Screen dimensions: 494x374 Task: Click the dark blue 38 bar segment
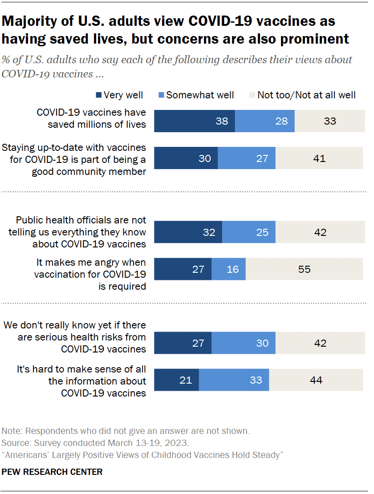(x=195, y=121)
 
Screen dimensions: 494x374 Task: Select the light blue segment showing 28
(x=264, y=121)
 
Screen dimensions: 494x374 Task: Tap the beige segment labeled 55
(x=305, y=269)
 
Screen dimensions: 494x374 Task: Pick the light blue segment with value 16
(x=228, y=269)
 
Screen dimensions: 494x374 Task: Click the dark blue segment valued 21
(x=176, y=380)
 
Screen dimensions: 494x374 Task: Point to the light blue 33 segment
(x=234, y=380)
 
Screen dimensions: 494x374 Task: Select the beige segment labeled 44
(x=316, y=380)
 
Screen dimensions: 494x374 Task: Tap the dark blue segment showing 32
(x=188, y=232)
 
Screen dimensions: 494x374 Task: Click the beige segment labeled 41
(x=319, y=158)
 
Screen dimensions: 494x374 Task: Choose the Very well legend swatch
(x=98, y=95)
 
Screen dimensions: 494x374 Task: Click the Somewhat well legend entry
(x=195, y=95)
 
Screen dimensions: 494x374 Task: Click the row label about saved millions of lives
(x=91, y=118)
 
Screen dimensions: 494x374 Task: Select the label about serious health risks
(x=75, y=337)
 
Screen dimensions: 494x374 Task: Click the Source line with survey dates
(x=96, y=443)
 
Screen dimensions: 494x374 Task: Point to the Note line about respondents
(x=125, y=431)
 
